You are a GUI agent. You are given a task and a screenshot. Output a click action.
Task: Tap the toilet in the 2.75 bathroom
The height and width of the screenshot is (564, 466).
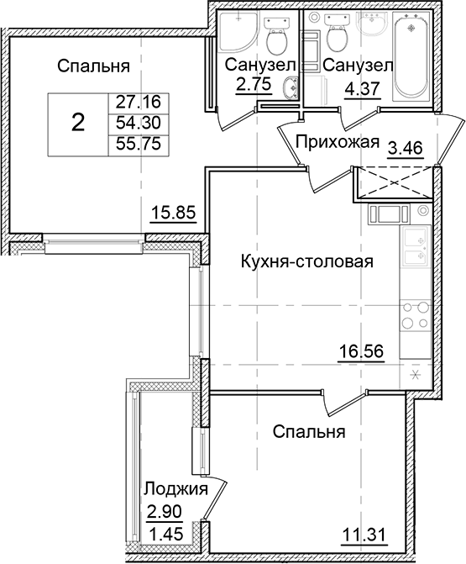point(274,36)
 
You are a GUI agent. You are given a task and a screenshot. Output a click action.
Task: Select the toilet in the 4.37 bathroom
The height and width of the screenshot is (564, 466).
point(338,35)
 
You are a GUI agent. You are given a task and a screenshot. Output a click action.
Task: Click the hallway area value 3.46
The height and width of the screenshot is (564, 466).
point(406,150)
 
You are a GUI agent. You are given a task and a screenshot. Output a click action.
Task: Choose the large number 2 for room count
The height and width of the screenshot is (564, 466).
point(77,124)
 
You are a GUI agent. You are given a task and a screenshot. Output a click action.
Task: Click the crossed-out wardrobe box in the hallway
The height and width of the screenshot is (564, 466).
point(394,182)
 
